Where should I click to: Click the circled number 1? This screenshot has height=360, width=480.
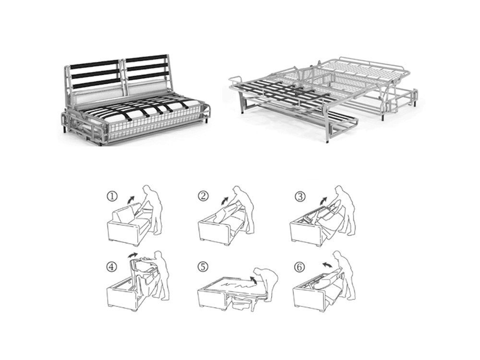click(112, 196)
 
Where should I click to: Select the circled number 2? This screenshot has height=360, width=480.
click(203, 196)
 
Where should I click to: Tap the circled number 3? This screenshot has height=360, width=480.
click(300, 196)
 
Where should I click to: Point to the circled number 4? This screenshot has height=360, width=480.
click(112, 267)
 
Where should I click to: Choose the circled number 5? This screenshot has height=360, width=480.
click(203, 267)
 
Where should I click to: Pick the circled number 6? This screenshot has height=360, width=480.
click(300, 267)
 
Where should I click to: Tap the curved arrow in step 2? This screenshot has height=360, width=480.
click(225, 201)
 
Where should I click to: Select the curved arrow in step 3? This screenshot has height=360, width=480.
click(323, 201)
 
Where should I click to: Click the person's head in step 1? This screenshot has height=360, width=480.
click(148, 188)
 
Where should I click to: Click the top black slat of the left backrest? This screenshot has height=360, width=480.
click(95, 65)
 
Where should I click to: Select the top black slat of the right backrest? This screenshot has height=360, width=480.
click(147, 58)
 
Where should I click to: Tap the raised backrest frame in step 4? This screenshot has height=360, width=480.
click(133, 269)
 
